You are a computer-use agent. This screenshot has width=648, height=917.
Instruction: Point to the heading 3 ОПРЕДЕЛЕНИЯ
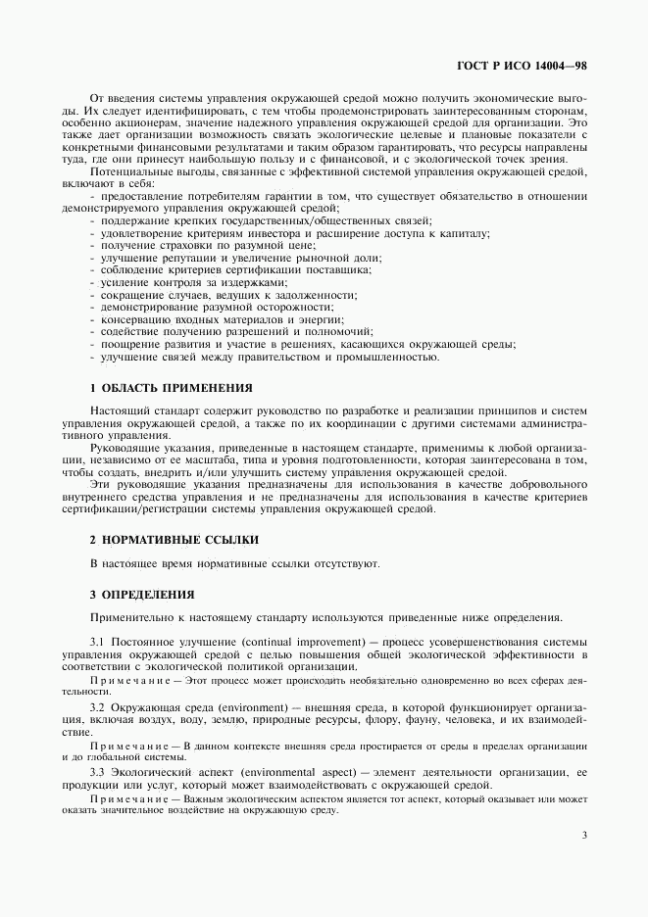143,594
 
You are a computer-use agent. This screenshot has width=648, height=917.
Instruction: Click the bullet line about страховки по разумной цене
178,246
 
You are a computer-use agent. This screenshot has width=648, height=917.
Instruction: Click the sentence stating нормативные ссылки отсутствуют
234,564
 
